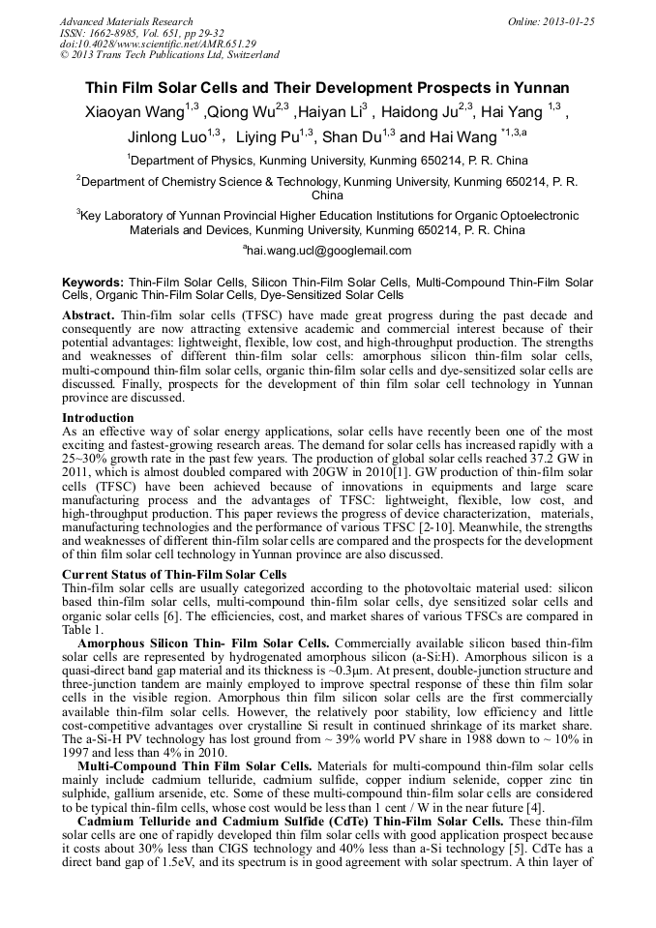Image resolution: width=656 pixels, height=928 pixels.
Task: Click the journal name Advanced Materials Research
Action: point(126,21)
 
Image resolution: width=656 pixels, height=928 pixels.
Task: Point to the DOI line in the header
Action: point(158,44)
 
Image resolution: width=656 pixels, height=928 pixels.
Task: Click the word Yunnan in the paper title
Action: point(544,86)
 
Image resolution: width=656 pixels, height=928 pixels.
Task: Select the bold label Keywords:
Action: point(93,282)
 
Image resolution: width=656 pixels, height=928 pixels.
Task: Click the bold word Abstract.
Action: point(90,316)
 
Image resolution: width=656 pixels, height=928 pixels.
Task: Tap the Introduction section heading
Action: point(98,418)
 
